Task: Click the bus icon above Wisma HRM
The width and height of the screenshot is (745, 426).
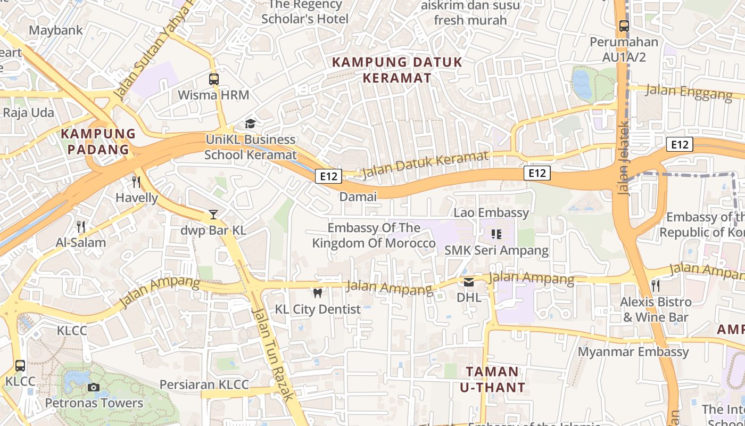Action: click(x=213, y=79)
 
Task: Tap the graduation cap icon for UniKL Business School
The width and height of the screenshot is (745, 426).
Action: click(x=250, y=124)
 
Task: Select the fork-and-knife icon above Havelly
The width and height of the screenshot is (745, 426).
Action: click(x=137, y=182)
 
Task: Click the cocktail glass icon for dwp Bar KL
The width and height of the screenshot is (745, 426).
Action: click(x=213, y=215)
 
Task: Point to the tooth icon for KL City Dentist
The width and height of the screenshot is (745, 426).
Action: click(x=318, y=293)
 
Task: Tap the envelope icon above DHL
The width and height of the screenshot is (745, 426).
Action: click(x=469, y=282)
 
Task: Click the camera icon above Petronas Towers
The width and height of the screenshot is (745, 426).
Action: click(x=94, y=387)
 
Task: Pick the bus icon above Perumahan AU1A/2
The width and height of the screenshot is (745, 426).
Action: click(x=624, y=26)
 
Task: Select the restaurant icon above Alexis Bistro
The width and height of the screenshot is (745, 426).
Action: click(x=656, y=286)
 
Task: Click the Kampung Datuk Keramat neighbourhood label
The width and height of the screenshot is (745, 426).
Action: click(x=397, y=70)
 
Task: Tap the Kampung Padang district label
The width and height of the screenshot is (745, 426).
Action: click(x=98, y=141)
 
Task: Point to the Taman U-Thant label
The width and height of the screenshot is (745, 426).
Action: click(x=492, y=379)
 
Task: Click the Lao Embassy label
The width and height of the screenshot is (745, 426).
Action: click(x=491, y=213)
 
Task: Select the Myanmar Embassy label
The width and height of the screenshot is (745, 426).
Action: click(x=633, y=352)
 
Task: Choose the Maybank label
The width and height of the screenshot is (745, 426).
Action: click(x=56, y=30)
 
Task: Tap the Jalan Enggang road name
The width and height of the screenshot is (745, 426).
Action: click(x=689, y=92)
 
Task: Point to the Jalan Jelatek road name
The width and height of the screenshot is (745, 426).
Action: click(x=624, y=158)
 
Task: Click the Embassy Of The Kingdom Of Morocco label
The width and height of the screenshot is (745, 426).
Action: click(x=374, y=236)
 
